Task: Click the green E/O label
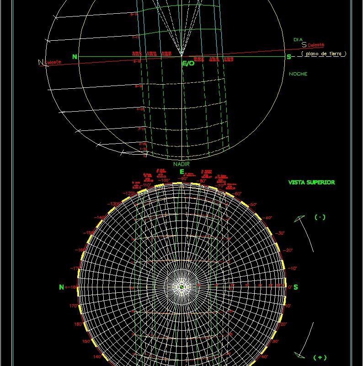pyautogui.click(x=188, y=64)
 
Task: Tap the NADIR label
pyautogui.click(x=181, y=164)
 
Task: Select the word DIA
pyautogui.click(x=298, y=40)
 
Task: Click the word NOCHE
pyautogui.click(x=298, y=74)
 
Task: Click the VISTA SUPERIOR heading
pyautogui.click(x=311, y=182)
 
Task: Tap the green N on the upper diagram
pyautogui.click(x=75, y=57)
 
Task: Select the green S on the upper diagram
pyautogui.click(x=288, y=57)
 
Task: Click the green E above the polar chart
pyautogui.click(x=181, y=172)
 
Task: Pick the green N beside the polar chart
pyautogui.click(x=61, y=287)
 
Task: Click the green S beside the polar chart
pyautogui.click(x=296, y=287)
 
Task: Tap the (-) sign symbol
pyautogui.click(x=320, y=217)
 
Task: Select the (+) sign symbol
pyautogui.click(x=320, y=357)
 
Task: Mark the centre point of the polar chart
pyautogui.click(x=181, y=287)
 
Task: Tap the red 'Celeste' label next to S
pyautogui.click(x=315, y=45)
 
